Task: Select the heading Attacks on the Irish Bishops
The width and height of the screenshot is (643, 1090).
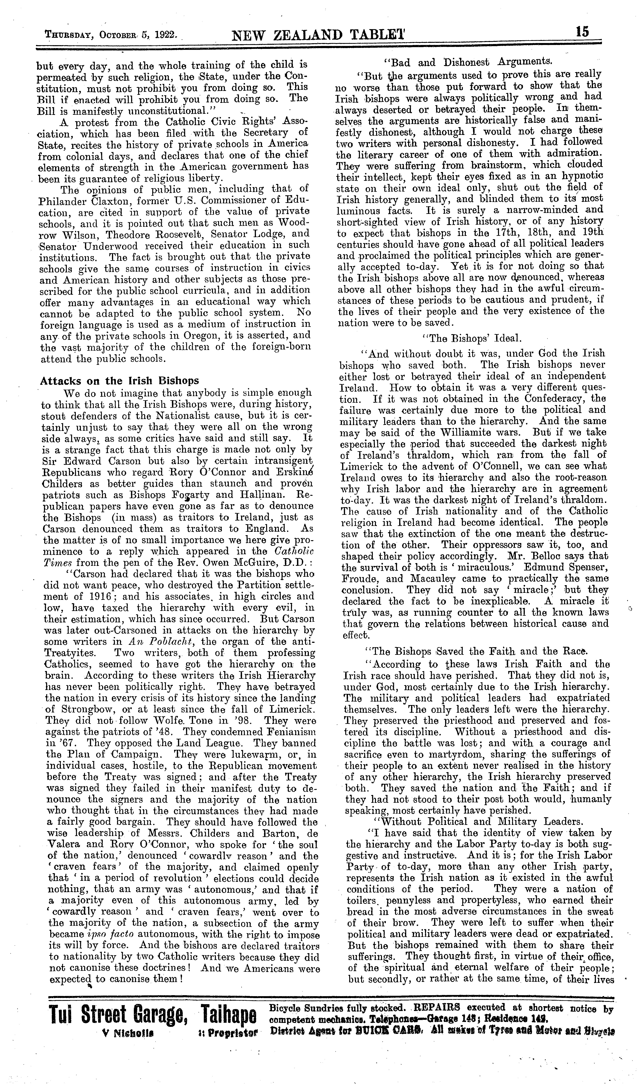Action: [119, 381]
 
